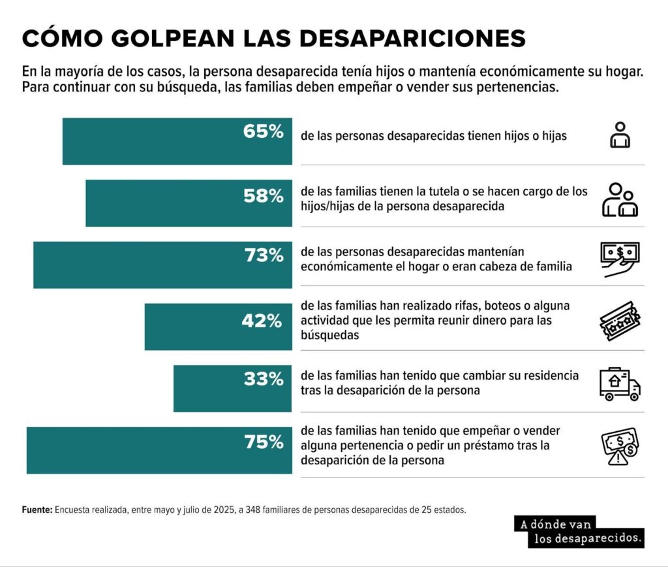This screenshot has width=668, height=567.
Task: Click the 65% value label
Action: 264,131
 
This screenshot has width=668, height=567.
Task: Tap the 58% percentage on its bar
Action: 264,195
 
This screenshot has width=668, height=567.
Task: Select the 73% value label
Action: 264,256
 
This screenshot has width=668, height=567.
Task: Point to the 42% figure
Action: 264,321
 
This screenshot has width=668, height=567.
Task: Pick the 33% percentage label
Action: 264,378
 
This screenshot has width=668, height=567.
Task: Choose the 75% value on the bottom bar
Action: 264,442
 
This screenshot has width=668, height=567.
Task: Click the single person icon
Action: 619,135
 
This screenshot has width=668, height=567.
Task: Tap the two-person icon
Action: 619,200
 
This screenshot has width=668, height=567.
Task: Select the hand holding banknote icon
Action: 619,259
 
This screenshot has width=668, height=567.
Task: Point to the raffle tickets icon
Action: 619,321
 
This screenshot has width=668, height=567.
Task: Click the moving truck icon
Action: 619,384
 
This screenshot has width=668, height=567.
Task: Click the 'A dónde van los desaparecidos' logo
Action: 579,531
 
